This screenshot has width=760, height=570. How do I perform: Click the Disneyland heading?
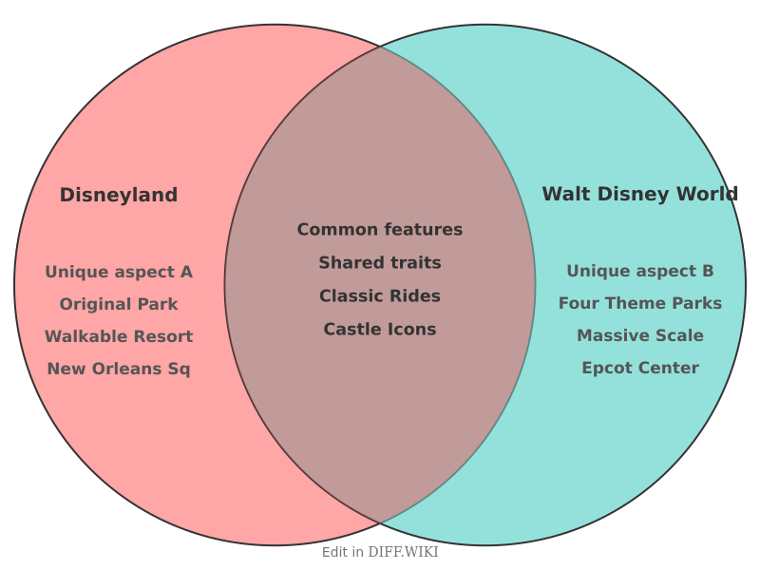(119, 196)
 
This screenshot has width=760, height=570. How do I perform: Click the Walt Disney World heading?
(639, 195)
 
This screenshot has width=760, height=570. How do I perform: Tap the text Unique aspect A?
(119, 273)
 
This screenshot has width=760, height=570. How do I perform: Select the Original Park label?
(119, 305)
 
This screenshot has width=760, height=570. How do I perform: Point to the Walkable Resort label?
(119, 337)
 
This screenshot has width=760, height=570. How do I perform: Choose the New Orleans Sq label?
(119, 370)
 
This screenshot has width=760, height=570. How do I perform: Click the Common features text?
(380, 230)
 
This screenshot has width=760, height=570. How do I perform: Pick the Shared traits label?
(380, 263)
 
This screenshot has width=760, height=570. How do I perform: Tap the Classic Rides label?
(380, 296)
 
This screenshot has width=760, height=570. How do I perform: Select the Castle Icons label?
(380, 330)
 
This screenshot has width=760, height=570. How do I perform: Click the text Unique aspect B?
(640, 272)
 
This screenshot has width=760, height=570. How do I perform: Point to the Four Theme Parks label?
(640, 304)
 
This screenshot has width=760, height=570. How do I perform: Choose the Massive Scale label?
(640, 336)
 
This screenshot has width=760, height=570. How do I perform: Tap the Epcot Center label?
(640, 369)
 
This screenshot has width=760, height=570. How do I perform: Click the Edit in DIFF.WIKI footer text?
(380, 552)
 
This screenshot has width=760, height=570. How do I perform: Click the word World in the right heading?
(708, 195)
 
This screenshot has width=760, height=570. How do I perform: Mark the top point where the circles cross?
(380, 47)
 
